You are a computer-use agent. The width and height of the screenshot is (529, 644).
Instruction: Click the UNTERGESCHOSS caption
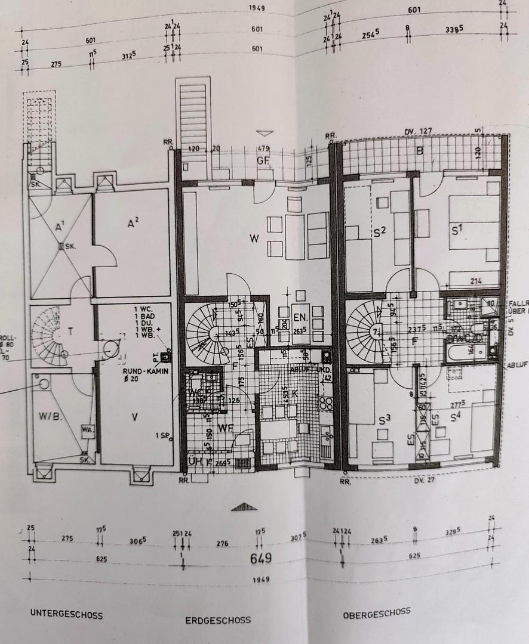coord(66,614)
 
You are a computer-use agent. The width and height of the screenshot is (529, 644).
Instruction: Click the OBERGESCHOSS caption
coord(376,612)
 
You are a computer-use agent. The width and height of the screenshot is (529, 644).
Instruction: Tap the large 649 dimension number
coord(261,558)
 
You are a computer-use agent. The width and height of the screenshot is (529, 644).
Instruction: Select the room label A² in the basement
coord(133,223)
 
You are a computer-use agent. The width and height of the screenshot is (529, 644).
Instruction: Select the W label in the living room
coord(254,240)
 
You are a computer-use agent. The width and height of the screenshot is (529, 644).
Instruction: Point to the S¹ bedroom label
coord(458,228)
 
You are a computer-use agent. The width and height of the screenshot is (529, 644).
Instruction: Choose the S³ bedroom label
coord(384,419)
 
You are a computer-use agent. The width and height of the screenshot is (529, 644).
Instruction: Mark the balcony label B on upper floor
coord(419,151)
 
